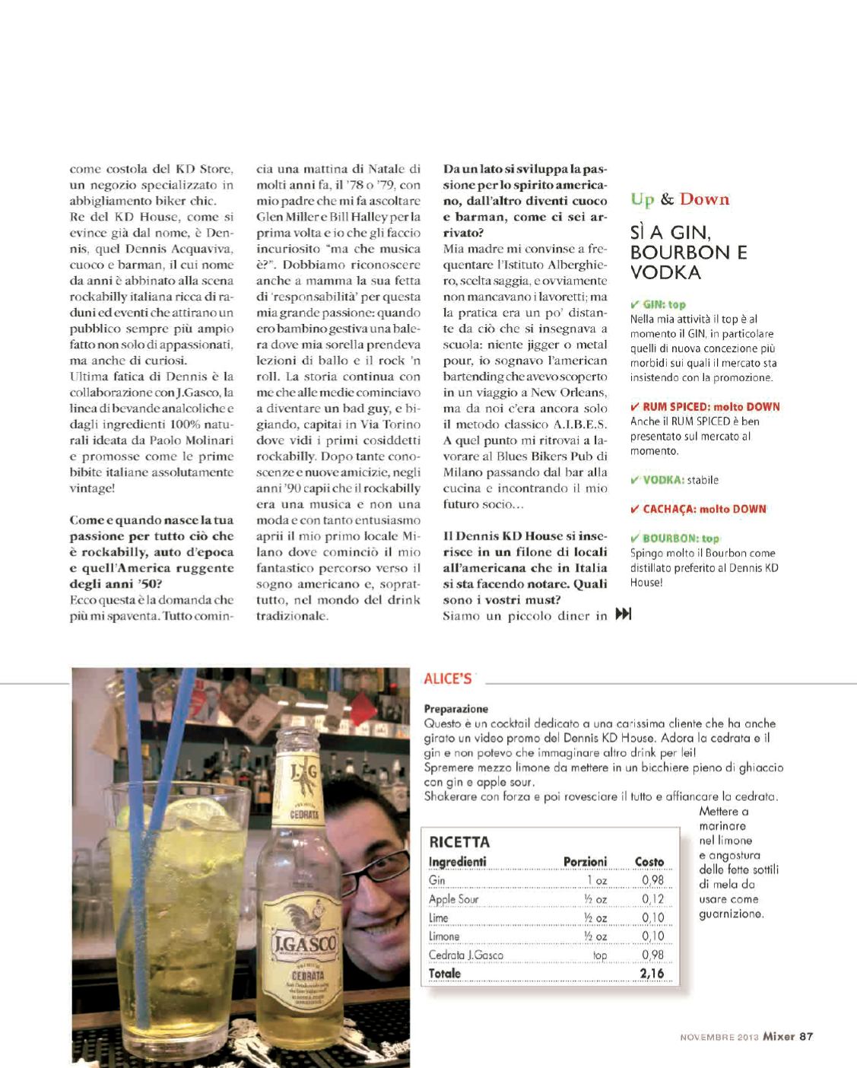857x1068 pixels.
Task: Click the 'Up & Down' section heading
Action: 679,199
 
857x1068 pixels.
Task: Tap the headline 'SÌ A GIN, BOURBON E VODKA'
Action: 688,253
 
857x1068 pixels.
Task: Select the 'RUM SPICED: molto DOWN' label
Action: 706,407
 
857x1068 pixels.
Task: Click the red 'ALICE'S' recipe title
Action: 448,679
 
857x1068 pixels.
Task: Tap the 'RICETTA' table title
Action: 459,842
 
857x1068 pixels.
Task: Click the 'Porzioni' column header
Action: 585,862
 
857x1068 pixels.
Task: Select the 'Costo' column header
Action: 649,862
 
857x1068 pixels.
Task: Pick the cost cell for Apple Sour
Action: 652,899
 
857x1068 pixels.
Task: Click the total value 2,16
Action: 652,974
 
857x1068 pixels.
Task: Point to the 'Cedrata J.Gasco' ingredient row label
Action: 465,955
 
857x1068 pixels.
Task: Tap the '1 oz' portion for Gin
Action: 596,881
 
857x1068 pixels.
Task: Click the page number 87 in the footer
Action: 806,1036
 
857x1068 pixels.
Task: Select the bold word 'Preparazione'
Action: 456,709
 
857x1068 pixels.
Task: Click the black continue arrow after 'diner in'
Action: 623,615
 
